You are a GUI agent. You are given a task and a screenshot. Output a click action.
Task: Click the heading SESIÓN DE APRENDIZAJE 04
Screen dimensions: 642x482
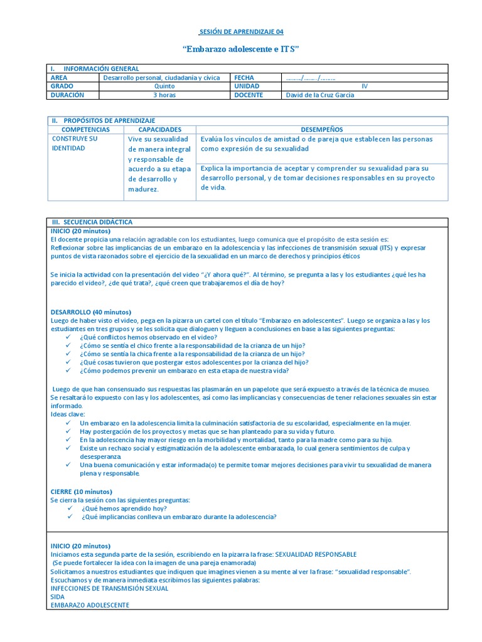(240, 31)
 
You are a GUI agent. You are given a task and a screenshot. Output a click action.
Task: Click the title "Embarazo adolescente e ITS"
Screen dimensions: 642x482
(240, 48)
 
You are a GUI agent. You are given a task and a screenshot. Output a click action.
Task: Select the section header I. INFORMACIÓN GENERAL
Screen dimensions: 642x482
(94, 68)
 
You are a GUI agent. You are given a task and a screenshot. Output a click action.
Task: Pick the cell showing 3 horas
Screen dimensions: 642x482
(164, 95)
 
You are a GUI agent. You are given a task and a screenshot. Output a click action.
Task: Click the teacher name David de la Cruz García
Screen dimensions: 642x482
(319, 95)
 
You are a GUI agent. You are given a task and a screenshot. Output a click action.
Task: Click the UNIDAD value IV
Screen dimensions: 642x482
(365, 86)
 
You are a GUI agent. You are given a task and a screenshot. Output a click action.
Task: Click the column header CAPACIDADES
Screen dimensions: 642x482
(160, 129)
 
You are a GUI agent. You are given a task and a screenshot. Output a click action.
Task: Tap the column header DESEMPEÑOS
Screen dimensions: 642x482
(322, 129)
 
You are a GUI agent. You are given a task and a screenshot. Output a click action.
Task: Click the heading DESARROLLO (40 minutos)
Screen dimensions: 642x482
(90, 312)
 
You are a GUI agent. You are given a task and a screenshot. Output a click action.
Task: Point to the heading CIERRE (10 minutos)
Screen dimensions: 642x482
(81, 491)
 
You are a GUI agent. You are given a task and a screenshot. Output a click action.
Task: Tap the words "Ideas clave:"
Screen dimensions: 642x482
(67, 414)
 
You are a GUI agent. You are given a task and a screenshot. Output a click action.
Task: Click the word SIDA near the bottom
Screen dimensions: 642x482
(57, 596)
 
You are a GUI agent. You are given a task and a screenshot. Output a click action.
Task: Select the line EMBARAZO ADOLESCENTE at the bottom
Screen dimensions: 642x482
(90, 605)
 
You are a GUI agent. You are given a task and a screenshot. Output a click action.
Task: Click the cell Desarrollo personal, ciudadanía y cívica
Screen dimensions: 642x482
(161, 78)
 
